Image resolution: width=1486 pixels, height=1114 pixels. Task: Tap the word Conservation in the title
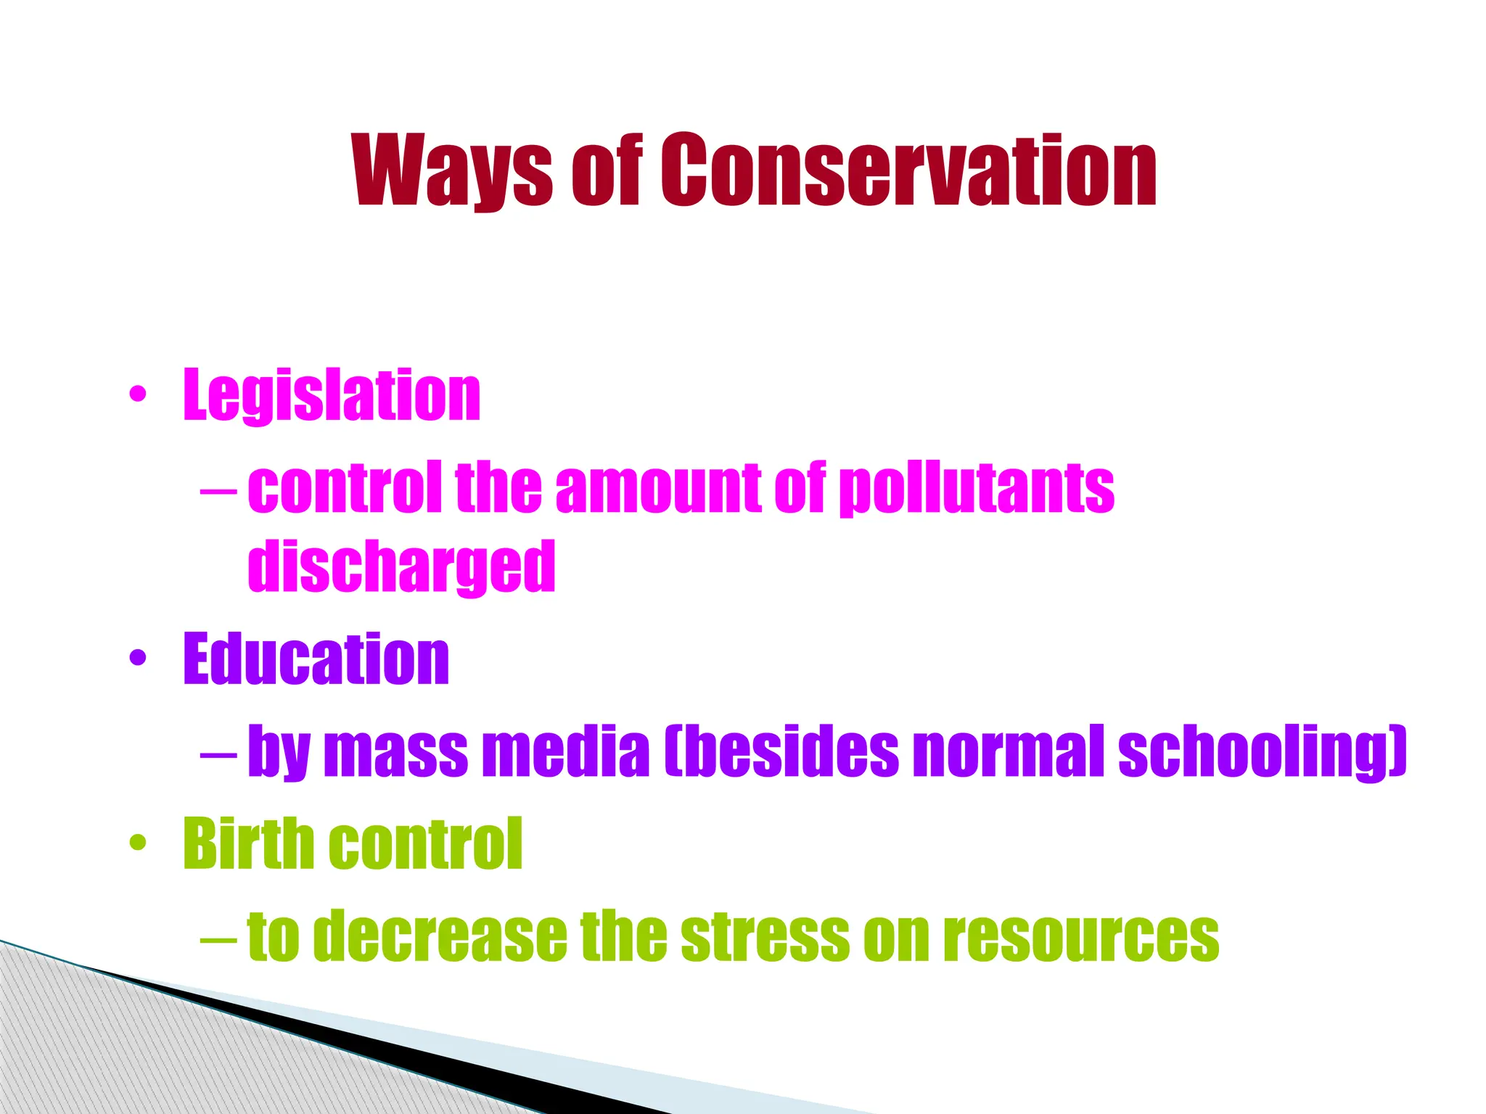point(908,171)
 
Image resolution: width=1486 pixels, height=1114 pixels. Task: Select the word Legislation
point(332,395)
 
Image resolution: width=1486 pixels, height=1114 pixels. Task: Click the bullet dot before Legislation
point(137,395)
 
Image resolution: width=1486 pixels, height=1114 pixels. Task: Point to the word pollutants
point(977,488)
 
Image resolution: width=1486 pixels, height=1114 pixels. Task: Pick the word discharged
point(401,566)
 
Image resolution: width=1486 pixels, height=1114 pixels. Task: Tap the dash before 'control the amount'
point(218,490)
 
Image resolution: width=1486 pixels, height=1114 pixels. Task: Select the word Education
point(316,659)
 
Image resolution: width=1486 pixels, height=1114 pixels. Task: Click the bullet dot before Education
point(137,659)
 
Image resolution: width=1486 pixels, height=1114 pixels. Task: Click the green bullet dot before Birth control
point(137,843)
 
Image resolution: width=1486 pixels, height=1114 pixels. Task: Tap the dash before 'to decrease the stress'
point(218,938)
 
